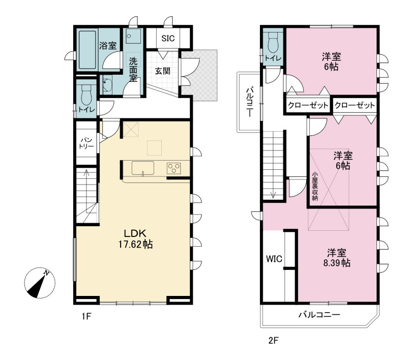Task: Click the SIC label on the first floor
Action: [168, 38]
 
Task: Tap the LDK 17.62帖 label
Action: [135, 239]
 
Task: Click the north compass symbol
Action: [40, 283]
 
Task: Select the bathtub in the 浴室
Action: [87, 50]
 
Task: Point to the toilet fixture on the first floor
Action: [86, 95]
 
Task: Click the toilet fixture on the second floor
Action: [273, 42]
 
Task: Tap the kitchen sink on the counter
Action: [143, 168]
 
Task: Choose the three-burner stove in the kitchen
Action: [173, 168]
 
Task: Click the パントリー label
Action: [86, 143]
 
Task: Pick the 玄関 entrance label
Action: [162, 71]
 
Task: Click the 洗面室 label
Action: [133, 70]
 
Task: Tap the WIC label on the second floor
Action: [274, 259]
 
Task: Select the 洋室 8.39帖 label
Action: [337, 258]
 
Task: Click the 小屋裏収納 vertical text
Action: [315, 186]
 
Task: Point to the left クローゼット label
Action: [308, 105]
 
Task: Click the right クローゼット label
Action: [355, 105]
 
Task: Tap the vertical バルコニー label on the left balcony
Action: [250, 102]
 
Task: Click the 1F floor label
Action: [86, 316]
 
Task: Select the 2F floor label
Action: [273, 340]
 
